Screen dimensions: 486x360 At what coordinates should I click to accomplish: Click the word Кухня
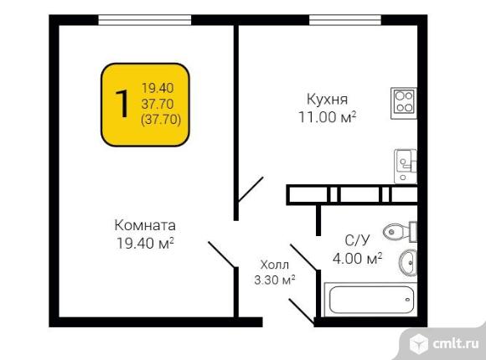(327, 99)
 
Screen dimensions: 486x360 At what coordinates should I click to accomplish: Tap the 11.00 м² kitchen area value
(328, 117)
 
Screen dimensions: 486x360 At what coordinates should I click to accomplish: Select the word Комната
(145, 225)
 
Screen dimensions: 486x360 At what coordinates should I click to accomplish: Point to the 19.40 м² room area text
(145, 243)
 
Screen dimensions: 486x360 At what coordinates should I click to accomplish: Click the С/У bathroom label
(357, 240)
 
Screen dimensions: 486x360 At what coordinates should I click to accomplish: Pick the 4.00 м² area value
(357, 258)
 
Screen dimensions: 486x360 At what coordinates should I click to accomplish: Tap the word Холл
(275, 265)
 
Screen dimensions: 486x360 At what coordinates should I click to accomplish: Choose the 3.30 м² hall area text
(275, 280)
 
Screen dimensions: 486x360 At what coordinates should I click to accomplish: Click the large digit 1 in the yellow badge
(122, 104)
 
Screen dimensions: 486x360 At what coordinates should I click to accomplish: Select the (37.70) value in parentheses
(161, 119)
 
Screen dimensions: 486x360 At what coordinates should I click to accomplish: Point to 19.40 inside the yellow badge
(158, 88)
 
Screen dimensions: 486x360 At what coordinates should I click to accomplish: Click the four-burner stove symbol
(404, 103)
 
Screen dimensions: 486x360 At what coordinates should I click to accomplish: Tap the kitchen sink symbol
(406, 167)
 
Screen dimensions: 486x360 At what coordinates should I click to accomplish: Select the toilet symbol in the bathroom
(401, 232)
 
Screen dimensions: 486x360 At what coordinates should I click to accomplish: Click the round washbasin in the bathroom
(408, 262)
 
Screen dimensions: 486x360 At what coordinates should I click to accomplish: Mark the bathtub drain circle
(407, 299)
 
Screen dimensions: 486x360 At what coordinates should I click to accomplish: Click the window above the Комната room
(145, 20)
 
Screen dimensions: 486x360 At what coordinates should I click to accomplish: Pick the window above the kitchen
(345, 20)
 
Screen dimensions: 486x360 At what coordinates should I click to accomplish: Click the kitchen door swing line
(251, 189)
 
